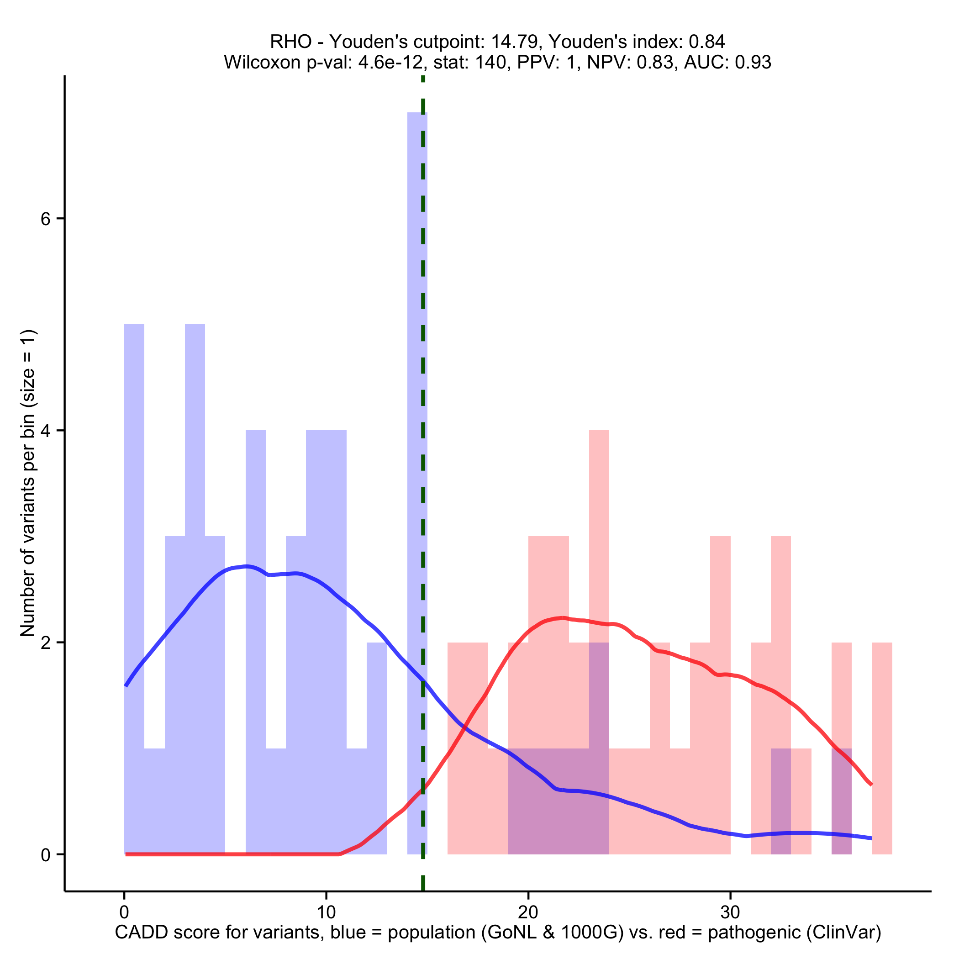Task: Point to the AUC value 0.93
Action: (x=753, y=62)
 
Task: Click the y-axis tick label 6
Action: (x=46, y=219)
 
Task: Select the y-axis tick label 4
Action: (x=46, y=431)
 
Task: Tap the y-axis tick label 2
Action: (x=46, y=643)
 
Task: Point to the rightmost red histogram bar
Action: (x=882, y=744)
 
